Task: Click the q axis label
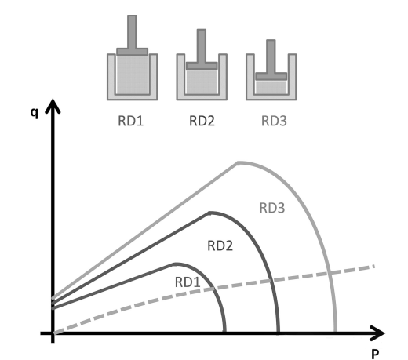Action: point(35,113)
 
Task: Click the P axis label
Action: point(375,355)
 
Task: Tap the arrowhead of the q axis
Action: point(53,106)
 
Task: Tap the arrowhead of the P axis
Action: point(377,333)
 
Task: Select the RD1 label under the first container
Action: point(130,121)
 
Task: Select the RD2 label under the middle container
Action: point(202,121)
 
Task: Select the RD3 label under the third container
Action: point(274,121)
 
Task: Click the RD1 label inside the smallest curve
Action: point(188,282)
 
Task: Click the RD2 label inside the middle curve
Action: point(220,246)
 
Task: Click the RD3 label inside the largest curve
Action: point(272,208)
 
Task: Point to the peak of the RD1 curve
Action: point(174,264)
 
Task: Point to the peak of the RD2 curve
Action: point(209,213)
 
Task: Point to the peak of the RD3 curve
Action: point(239,163)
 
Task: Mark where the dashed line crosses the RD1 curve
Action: point(213,289)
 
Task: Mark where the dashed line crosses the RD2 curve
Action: point(271,281)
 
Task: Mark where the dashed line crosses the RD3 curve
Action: point(330,273)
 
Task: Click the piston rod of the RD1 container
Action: point(132,31)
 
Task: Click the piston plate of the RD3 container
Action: point(271,76)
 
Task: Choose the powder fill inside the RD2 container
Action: point(202,82)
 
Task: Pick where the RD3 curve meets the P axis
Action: point(336,333)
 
